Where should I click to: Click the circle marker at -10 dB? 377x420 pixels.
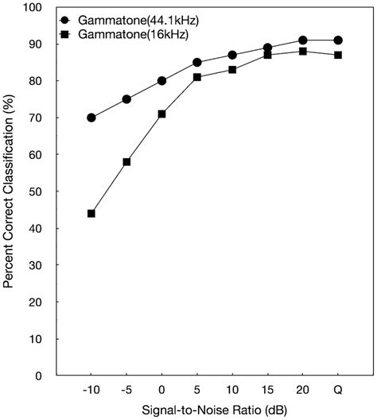click(x=91, y=118)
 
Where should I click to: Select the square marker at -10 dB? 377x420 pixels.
click(x=91, y=214)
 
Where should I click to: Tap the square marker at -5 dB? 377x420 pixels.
click(x=126, y=162)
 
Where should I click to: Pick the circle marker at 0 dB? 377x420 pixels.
click(x=161, y=81)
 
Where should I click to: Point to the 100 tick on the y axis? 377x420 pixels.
click(x=34, y=8)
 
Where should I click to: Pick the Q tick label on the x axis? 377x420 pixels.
click(x=338, y=390)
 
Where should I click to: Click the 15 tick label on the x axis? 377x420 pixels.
click(x=267, y=390)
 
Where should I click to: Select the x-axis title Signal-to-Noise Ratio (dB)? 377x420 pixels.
click(x=215, y=410)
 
